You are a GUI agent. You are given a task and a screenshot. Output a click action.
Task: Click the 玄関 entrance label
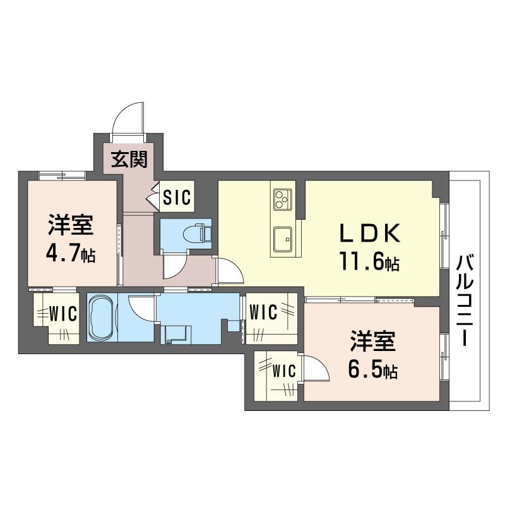(x=130, y=160)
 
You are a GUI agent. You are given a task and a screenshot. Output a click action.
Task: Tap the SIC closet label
(x=176, y=198)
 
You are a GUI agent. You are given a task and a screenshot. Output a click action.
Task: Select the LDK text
(x=370, y=234)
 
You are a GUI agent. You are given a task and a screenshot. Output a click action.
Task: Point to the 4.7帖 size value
(x=69, y=254)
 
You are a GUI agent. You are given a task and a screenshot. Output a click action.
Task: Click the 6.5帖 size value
(x=372, y=370)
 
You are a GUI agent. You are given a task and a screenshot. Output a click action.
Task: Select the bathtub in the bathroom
(x=100, y=318)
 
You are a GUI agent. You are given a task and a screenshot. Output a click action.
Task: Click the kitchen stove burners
(x=282, y=199)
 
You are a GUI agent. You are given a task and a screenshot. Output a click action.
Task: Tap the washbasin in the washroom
(x=174, y=333)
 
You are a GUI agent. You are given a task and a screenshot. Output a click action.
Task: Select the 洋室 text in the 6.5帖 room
(x=373, y=343)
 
